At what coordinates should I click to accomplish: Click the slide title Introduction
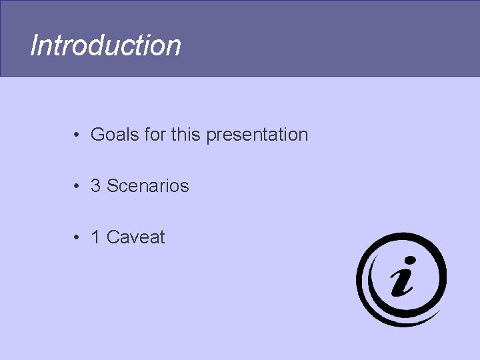tap(105, 46)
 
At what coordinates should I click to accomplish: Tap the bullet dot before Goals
tap(78, 135)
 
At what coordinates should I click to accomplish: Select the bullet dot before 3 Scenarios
tap(78, 186)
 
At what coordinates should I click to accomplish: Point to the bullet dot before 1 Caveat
tap(78, 237)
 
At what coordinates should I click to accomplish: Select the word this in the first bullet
tap(186, 135)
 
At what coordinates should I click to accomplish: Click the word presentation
tap(257, 135)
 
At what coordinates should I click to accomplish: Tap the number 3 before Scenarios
tap(96, 186)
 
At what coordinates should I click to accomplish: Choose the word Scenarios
tap(148, 186)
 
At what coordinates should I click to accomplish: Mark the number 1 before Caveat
tap(95, 237)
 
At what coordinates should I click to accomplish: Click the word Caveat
tap(136, 237)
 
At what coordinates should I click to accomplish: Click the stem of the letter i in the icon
tap(402, 283)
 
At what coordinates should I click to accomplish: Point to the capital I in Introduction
tap(34, 46)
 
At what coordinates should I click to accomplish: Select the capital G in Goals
tap(97, 135)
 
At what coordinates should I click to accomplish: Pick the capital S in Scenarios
tap(113, 186)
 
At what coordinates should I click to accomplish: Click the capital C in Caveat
tap(113, 237)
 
